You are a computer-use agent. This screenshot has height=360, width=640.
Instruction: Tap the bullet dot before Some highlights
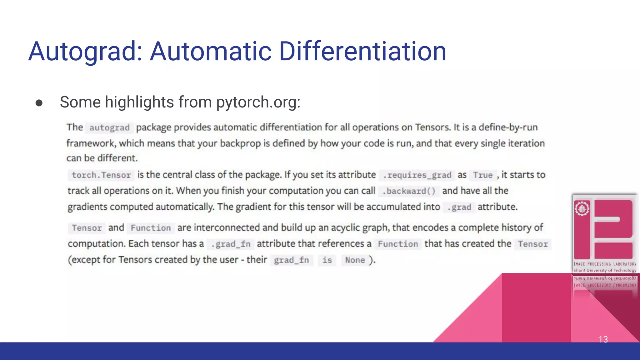tap(39, 103)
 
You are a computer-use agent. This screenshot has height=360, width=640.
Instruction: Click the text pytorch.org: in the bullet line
tap(258, 102)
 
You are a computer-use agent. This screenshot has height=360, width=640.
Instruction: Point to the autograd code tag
tap(109, 128)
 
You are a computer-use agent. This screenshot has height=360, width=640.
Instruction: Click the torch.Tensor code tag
tap(101, 175)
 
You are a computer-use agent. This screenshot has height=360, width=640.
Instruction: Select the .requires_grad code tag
tap(417, 175)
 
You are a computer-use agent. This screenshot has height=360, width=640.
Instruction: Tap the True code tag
tap(482, 175)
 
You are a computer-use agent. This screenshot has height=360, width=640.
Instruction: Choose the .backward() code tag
tap(409, 191)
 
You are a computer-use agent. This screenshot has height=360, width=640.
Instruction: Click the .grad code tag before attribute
tap(459, 207)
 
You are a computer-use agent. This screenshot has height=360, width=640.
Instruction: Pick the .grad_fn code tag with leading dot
tap(231, 244)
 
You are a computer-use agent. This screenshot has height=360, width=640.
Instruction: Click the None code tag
tap(355, 260)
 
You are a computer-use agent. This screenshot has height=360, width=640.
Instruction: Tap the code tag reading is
tap(327, 260)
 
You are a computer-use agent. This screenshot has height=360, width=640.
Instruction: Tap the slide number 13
tap(603, 339)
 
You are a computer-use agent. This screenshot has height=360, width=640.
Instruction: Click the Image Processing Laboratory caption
tap(605, 264)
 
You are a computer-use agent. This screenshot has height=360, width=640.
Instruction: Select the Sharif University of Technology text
tap(605, 270)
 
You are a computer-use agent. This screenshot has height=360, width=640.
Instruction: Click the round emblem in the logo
tap(582, 209)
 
